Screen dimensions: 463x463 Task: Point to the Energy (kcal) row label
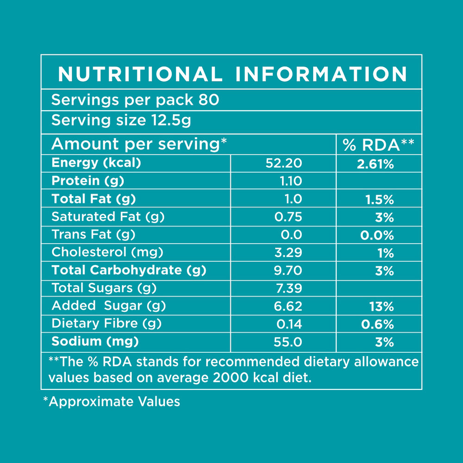(96, 163)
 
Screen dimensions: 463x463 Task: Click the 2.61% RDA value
(375, 164)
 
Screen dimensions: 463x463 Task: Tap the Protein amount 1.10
(291, 181)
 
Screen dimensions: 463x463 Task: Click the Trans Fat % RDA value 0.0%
(377, 235)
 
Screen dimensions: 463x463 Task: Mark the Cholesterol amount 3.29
(289, 253)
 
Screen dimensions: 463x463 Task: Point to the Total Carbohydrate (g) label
(129, 270)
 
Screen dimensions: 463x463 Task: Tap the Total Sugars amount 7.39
(289, 288)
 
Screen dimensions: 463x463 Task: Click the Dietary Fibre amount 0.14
(290, 324)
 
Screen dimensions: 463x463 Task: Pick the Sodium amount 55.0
(289, 342)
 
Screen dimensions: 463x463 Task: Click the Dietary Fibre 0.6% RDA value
(377, 324)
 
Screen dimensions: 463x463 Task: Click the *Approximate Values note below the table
(111, 401)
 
